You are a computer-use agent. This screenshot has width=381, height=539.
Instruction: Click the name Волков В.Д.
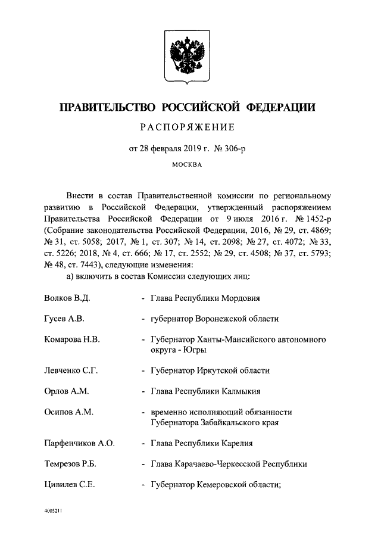click(67, 297)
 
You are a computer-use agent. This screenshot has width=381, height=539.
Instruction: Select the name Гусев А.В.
click(65, 319)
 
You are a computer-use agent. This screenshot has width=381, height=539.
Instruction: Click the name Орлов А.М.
click(66, 391)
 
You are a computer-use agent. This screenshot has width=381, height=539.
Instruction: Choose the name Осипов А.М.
click(68, 412)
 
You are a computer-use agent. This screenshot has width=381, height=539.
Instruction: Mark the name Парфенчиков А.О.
click(79, 443)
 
